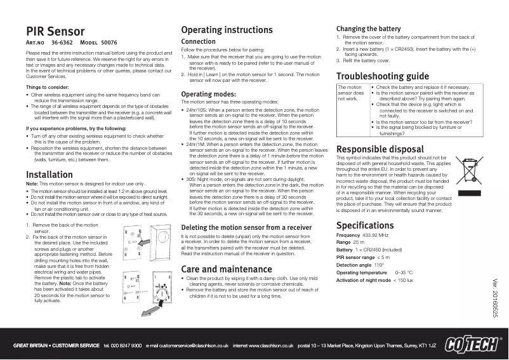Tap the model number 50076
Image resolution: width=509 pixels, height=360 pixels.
tap(109, 43)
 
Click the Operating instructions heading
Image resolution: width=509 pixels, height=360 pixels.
tap(227, 30)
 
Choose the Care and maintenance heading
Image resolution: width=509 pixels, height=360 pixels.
tap(227, 269)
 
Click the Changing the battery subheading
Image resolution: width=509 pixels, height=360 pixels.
tap(368, 29)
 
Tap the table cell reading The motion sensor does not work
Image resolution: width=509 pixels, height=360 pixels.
tap(350, 93)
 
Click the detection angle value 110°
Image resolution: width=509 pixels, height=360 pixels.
tap(380, 264)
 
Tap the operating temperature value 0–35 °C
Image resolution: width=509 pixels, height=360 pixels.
tap(404, 272)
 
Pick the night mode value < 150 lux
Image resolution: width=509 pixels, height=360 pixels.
tap(403, 280)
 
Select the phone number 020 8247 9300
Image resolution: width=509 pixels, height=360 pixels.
tap(127, 346)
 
